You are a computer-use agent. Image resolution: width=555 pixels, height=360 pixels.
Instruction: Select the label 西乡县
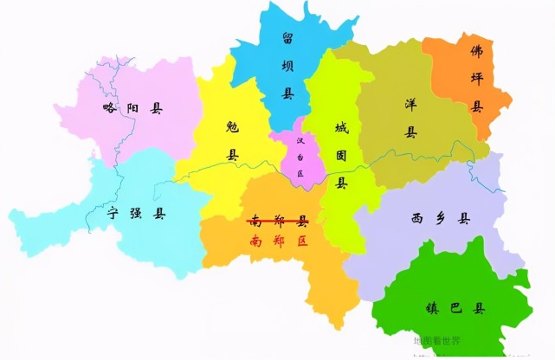440,219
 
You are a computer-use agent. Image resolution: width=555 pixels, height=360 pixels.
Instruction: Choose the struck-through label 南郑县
278,221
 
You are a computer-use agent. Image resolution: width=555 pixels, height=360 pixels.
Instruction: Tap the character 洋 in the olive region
410,104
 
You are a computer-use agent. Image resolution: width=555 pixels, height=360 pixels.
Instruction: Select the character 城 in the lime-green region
342,128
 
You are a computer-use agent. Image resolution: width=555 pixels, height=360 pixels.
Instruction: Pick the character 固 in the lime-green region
342,156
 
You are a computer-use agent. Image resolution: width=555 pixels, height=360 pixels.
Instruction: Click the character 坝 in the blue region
287,65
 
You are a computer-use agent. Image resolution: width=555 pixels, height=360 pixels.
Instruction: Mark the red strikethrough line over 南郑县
278,222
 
